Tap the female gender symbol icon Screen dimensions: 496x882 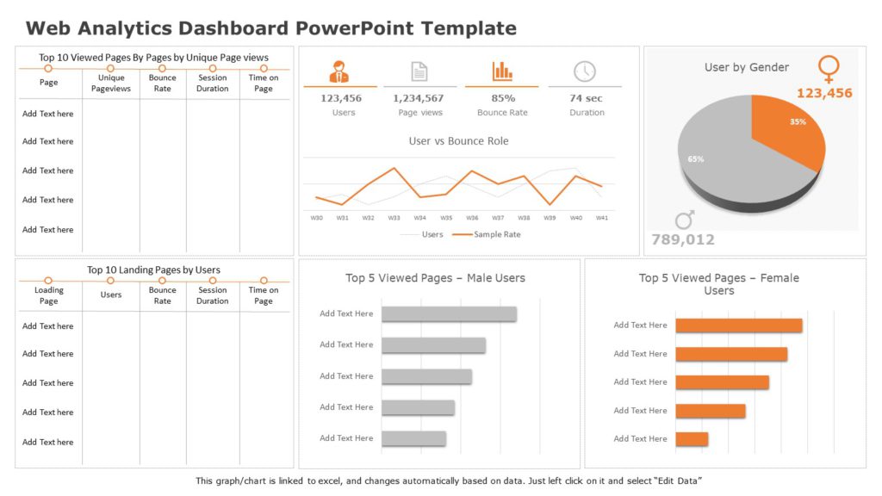(829, 69)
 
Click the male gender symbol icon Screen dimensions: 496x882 (684, 220)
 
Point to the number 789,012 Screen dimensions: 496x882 (683, 239)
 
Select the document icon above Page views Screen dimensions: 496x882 (419, 71)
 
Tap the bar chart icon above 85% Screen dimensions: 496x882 (502, 71)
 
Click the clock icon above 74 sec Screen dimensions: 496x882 (585, 71)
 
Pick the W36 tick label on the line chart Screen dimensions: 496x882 (472, 218)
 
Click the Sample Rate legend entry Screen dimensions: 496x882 (487, 234)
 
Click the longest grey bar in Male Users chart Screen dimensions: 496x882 (449, 314)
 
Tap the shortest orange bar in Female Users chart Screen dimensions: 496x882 (692, 439)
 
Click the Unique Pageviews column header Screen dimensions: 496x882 (111, 84)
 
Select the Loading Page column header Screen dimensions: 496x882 (48, 295)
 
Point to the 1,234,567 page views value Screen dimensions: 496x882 (419, 98)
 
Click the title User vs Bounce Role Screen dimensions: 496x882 (458, 141)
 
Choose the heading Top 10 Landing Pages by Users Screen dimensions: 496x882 (153, 270)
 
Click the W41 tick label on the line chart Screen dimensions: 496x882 (602, 218)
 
